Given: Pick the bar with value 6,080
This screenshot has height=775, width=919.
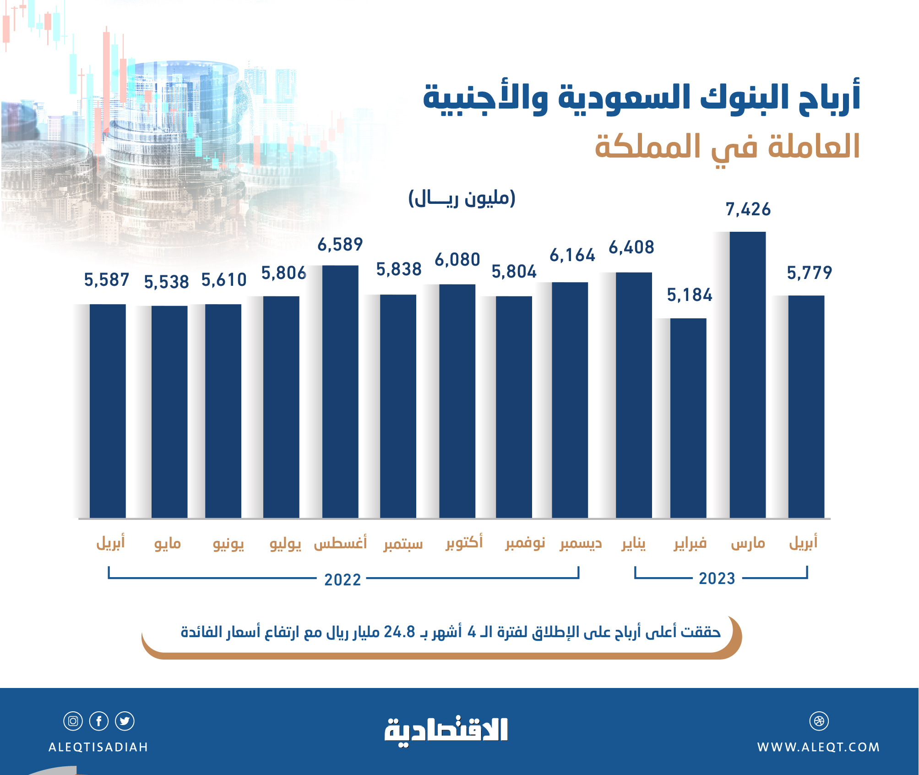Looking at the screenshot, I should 457,401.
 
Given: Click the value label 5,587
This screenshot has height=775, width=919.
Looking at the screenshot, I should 107,280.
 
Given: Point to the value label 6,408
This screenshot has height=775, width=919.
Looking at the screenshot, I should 631,248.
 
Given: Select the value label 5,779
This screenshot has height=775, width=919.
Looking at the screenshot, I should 809,273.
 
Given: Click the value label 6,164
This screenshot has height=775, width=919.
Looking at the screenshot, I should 572,256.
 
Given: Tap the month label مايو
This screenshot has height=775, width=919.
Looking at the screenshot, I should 168,544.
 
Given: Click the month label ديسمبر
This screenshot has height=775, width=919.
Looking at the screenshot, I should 581,544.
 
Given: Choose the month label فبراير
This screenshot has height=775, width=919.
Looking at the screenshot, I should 690,544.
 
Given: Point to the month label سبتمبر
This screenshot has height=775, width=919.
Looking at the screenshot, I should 403,544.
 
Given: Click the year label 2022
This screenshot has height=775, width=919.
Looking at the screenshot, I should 343,580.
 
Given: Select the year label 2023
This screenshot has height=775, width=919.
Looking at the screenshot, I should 717,579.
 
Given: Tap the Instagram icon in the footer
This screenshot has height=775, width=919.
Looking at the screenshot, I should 73,721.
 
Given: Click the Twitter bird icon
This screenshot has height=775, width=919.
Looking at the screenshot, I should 125,721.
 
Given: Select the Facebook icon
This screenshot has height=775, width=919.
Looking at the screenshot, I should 99,721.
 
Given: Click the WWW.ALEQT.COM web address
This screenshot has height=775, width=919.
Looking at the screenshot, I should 818,747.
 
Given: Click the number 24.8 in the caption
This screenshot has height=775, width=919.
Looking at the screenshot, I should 399,632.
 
